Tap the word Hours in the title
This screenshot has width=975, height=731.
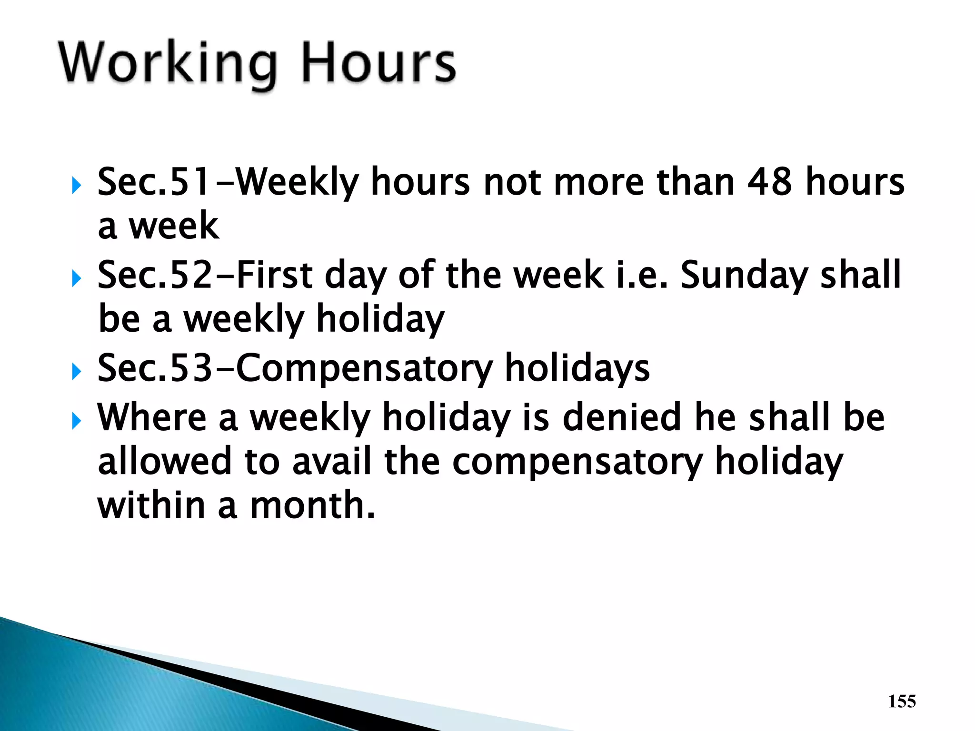pyautogui.click(x=379, y=63)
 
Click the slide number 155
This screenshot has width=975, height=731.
pyautogui.click(x=902, y=701)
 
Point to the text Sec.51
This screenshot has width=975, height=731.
pyautogui.click(x=153, y=182)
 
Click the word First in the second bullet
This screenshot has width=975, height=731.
pyautogui.click(x=274, y=275)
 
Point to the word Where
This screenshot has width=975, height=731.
pyautogui.click(x=152, y=417)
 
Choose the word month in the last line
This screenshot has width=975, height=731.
pyautogui.click(x=313, y=505)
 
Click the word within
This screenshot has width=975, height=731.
pyautogui.click(x=151, y=505)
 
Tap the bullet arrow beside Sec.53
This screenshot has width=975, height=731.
pyautogui.click(x=76, y=372)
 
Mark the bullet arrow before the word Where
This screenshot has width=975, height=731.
pyautogui.click(x=76, y=421)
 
